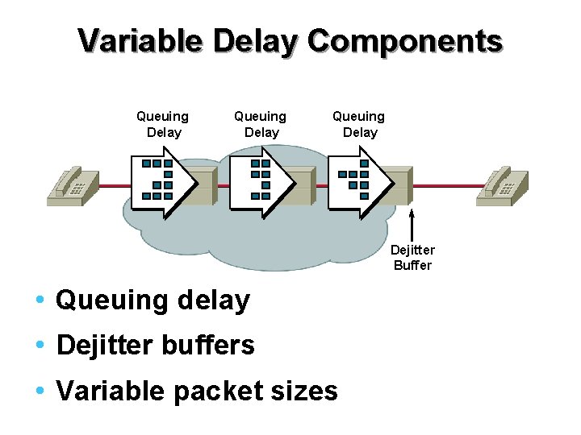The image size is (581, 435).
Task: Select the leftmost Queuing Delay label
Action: coord(163,124)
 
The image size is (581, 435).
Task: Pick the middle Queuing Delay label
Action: coord(261,124)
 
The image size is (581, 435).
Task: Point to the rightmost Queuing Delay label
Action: coord(359,124)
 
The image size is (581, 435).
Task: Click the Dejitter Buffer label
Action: coord(413,258)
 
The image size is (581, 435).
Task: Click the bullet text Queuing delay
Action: coord(153,300)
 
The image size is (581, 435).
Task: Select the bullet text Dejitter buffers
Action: coord(155,346)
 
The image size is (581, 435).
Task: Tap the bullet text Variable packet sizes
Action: coord(196,391)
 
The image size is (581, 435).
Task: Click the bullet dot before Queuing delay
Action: coord(40,300)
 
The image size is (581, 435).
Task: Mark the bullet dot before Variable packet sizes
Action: coord(40,391)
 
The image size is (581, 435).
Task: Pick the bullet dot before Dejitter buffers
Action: coord(40,346)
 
